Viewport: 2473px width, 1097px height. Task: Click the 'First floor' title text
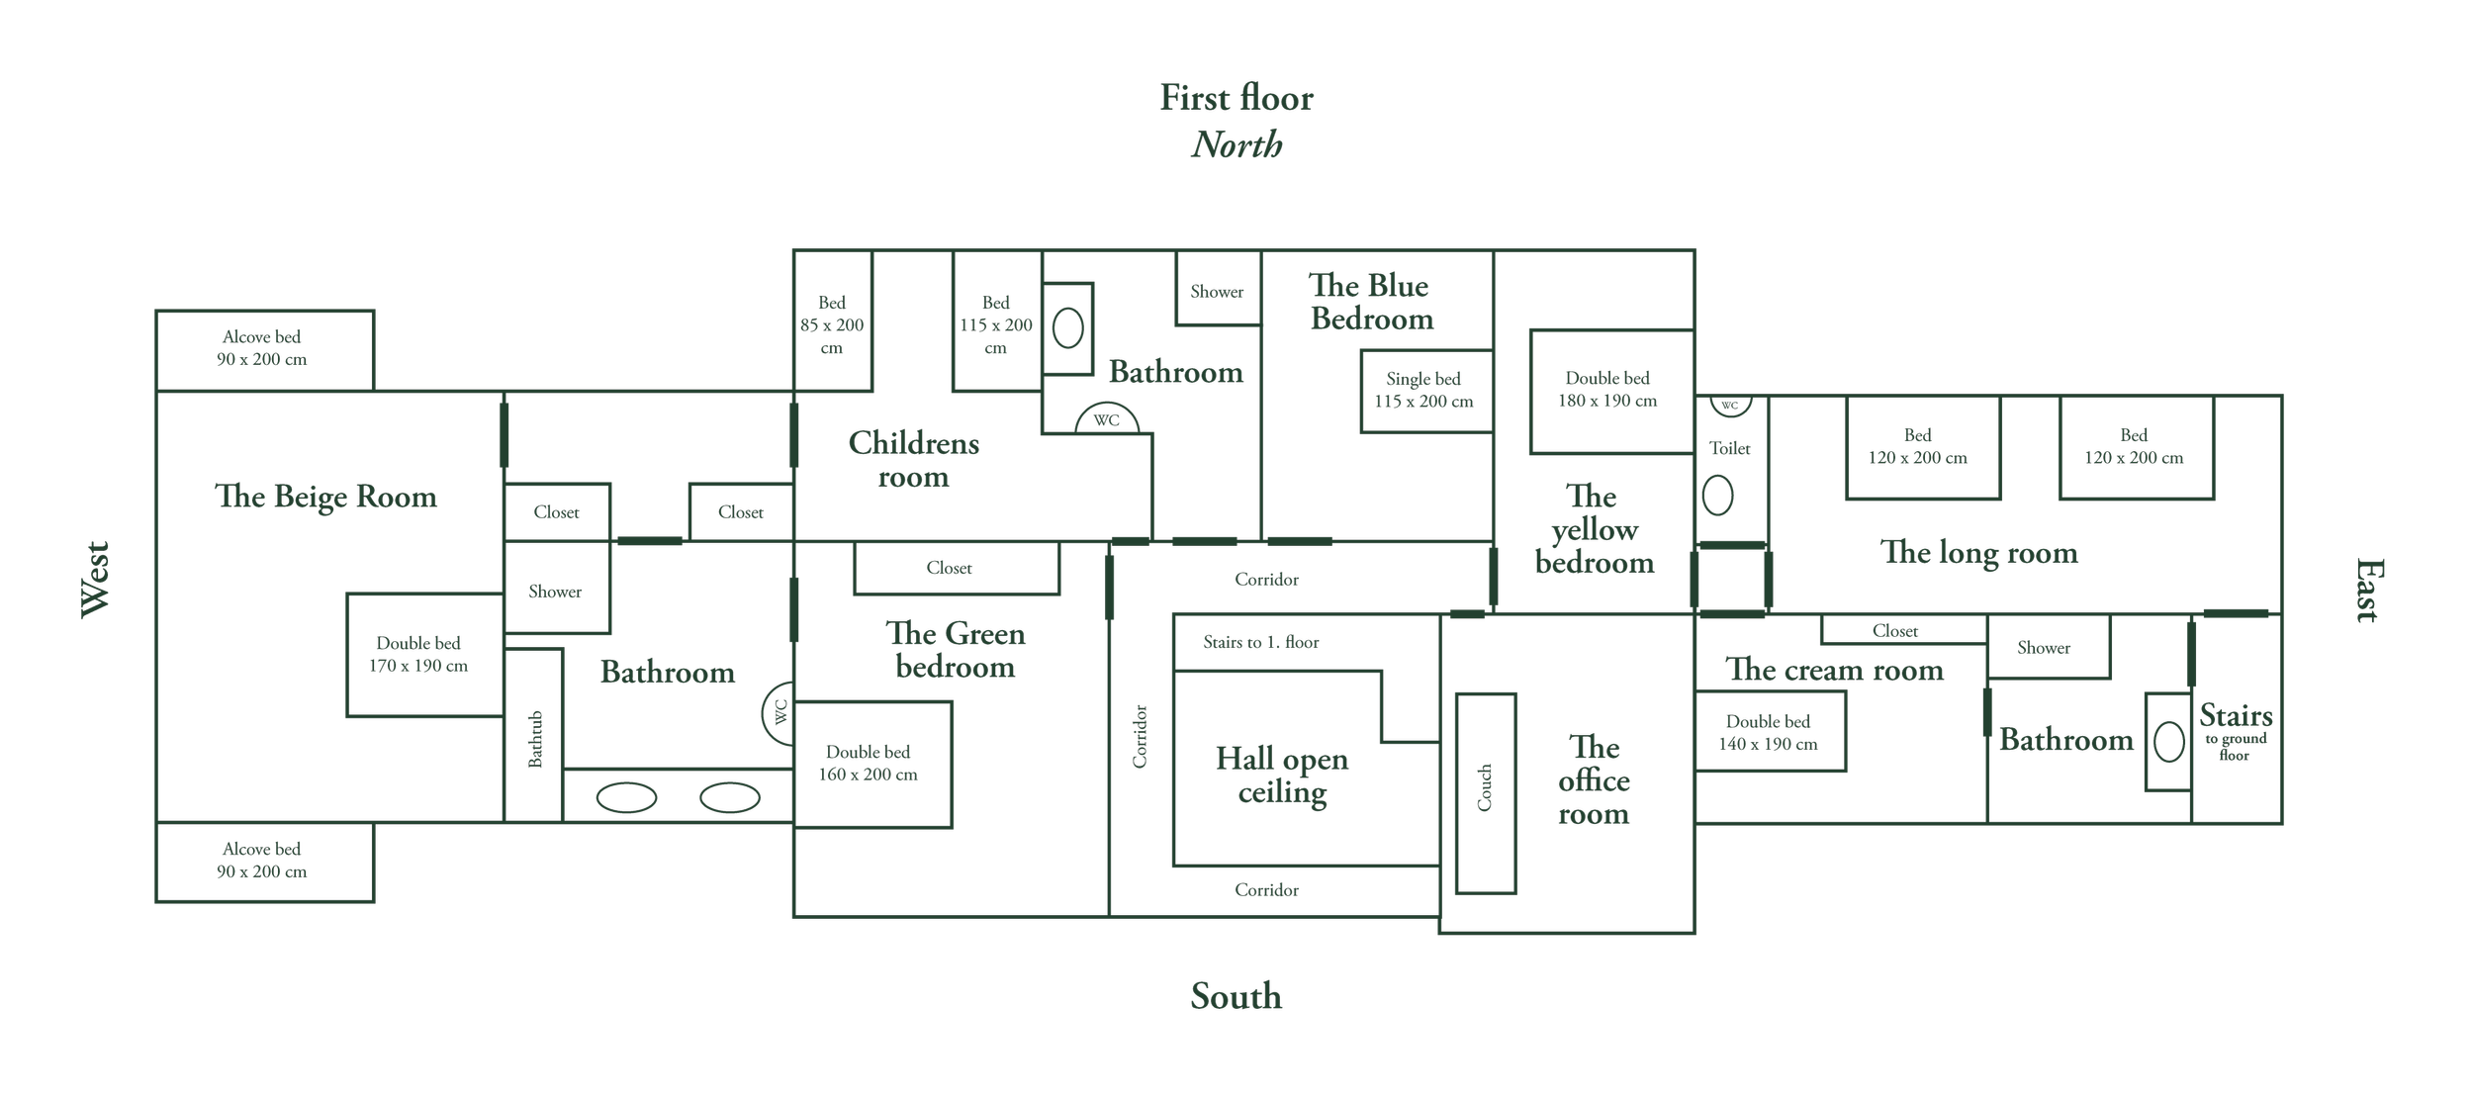(x=1236, y=98)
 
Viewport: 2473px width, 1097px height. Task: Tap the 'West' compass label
(x=95, y=579)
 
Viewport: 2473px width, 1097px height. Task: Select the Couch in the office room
(x=1485, y=792)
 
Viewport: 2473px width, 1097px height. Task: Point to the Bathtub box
(x=534, y=737)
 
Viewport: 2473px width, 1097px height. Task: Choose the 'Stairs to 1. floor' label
(x=1260, y=642)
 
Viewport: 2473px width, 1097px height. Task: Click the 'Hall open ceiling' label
(x=1282, y=775)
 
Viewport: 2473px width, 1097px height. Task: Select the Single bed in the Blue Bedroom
(x=1423, y=390)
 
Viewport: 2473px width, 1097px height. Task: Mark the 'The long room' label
(x=1978, y=552)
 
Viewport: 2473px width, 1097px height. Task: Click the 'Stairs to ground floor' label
(x=2235, y=730)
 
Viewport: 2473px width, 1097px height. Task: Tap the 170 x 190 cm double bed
(x=418, y=654)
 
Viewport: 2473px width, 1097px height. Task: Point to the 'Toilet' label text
(x=1729, y=448)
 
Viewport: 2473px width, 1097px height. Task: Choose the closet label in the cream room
(x=1894, y=631)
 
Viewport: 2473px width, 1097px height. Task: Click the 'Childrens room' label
(x=913, y=459)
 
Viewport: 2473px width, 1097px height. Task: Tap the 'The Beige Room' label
(x=325, y=496)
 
